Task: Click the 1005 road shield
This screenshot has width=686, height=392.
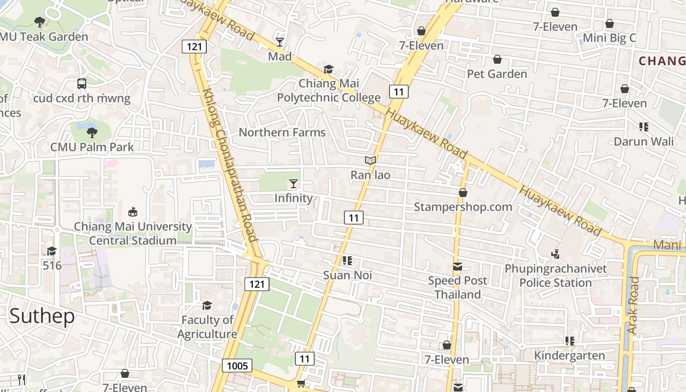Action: click(x=237, y=366)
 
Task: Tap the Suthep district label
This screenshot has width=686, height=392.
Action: click(x=42, y=316)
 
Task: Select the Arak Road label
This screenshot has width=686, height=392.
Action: click(x=633, y=306)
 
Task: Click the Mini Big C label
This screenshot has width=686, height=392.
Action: click(x=609, y=38)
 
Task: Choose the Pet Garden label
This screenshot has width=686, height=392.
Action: click(x=497, y=74)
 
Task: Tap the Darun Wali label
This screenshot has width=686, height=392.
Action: click(x=644, y=142)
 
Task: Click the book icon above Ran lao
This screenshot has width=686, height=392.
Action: click(x=370, y=160)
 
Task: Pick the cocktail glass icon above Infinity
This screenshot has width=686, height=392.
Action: click(x=294, y=184)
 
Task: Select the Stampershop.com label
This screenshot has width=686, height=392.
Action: click(x=463, y=207)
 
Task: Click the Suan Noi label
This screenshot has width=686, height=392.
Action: click(x=347, y=275)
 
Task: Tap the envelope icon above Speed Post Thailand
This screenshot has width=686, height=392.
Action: click(x=458, y=267)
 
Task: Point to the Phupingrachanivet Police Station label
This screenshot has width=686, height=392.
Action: click(x=556, y=276)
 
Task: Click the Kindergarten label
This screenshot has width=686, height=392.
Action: click(x=569, y=355)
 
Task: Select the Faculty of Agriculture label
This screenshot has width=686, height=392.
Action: click(x=207, y=327)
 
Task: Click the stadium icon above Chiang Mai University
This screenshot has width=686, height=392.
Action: click(x=132, y=212)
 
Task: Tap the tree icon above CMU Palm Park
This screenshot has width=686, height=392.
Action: click(x=92, y=132)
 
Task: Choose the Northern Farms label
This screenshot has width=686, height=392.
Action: click(x=282, y=132)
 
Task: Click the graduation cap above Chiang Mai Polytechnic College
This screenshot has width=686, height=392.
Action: click(x=328, y=69)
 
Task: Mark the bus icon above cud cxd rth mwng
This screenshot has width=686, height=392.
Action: click(x=82, y=84)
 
